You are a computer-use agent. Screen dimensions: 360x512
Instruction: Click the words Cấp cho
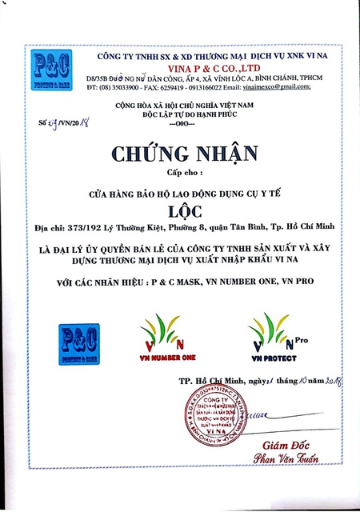(180, 170)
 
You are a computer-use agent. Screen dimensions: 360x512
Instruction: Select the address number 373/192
(83, 227)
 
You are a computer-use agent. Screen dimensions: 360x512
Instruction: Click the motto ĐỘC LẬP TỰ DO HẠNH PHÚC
(179, 114)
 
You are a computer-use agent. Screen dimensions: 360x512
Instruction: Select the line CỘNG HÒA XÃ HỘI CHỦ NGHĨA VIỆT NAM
(179, 105)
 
